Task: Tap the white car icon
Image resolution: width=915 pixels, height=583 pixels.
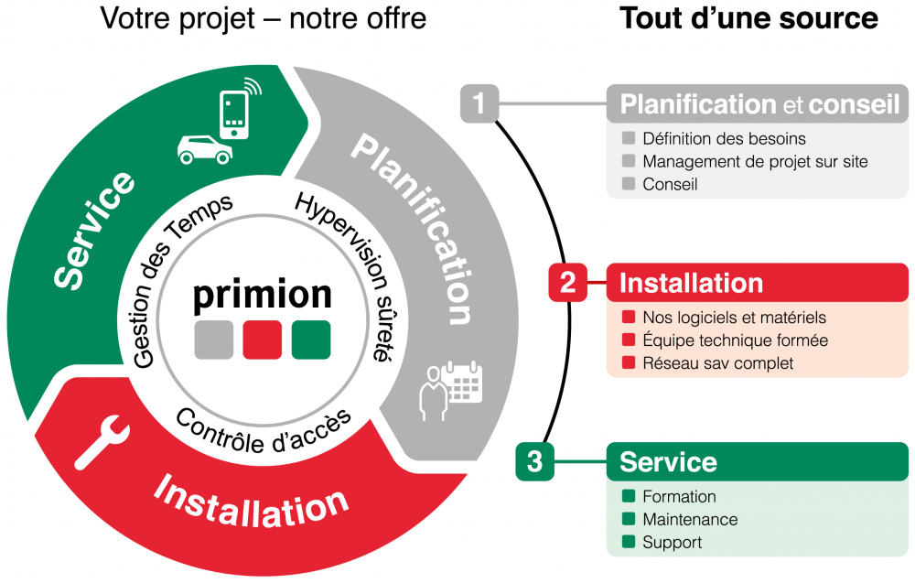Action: [x=204, y=149]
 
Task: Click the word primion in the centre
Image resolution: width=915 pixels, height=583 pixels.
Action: [x=263, y=295]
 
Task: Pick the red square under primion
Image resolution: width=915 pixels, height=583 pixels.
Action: [x=263, y=340]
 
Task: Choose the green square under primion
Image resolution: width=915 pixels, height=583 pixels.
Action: [x=311, y=340]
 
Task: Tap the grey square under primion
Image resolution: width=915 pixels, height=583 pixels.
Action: [x=214, y=340]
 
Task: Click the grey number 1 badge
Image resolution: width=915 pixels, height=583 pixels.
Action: [x=479, y=103]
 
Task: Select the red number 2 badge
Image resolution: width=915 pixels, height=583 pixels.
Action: [x=567, y=283]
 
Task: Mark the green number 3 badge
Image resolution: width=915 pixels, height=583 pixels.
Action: [x=534, y=461]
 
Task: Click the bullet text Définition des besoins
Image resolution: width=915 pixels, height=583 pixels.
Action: [x=724, y=139]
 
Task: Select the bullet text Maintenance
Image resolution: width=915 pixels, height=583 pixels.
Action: [x=690, y=520]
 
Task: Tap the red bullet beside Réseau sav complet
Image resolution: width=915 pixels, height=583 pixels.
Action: [x=628, y=363]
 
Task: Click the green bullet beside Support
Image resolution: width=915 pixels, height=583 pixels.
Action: [x=628, y=543]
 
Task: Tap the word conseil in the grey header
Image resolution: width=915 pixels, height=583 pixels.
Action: [x=855, y=104]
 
